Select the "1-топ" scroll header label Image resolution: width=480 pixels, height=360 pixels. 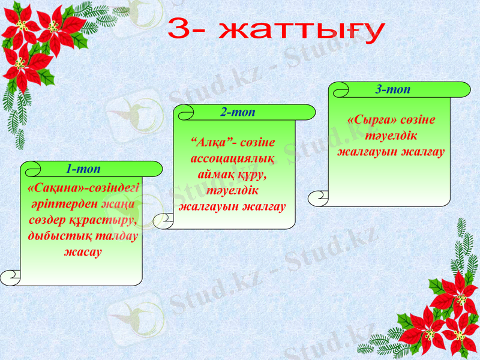tap(83, 169)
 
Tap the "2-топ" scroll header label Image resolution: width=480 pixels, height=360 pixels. tap(238, 112)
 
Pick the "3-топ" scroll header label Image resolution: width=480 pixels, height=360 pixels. tap(392, 89)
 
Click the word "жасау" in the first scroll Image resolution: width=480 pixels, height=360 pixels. tap(83, 251)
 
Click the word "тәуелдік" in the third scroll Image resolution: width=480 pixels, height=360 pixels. tap(391, 136)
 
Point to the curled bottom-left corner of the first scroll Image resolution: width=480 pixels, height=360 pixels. tap(11, 277)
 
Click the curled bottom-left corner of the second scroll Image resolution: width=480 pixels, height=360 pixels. tap(163, 221)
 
